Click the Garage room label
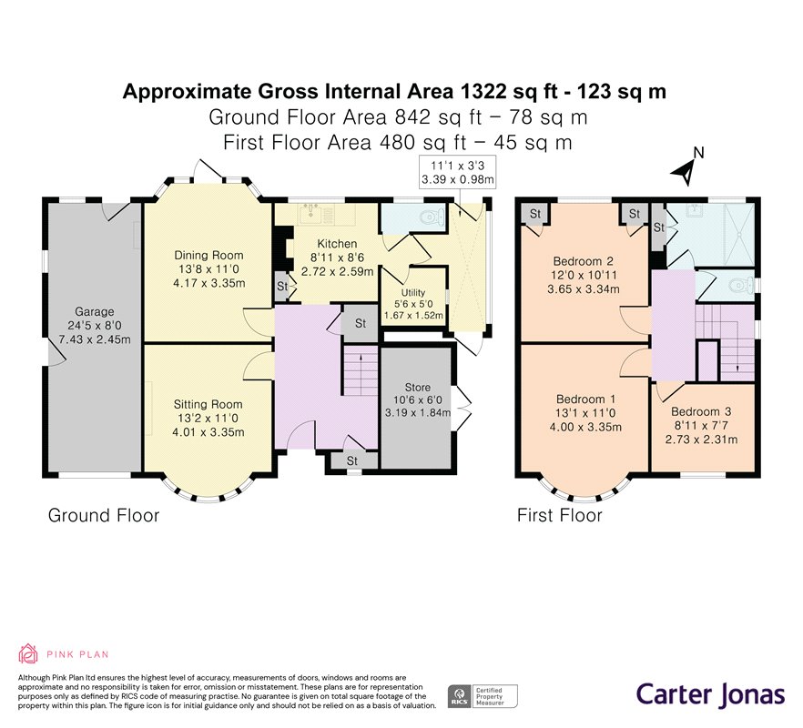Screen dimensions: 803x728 tap(95, 311)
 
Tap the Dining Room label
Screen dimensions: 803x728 tap(208, 255)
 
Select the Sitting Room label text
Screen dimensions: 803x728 tap(208, 404)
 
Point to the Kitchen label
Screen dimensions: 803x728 tap(337, 244)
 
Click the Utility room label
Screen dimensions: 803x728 tap(413, 292)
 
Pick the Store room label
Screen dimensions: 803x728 tap(417, 387)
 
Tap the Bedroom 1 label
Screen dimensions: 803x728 tap(586, 399)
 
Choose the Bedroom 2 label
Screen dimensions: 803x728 tap(584, 261)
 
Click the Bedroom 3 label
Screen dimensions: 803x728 tap(701, 411)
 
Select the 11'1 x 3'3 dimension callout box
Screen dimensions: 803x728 tap(457, 172)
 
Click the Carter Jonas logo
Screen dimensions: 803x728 tap(710, 694)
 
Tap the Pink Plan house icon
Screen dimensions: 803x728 tap(28, 653)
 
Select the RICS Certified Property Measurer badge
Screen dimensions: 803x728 tap(483, 697)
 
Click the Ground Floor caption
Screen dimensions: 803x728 tap(104, 515)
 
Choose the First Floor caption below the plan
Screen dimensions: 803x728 tap(559, 515)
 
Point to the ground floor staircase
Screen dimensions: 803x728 tap(360, 370)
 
